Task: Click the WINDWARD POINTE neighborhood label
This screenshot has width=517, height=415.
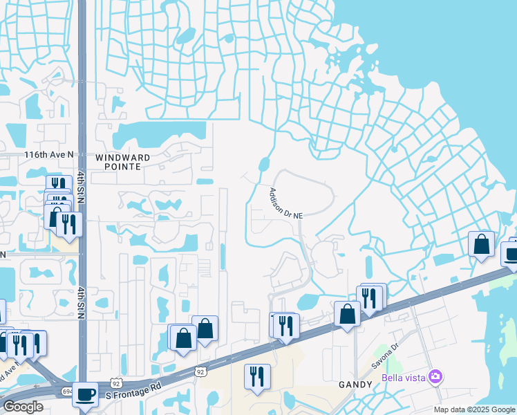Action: [122, 163]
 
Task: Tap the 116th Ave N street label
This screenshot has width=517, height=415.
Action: [48, 155]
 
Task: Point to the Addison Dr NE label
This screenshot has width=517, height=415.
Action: [286, 203]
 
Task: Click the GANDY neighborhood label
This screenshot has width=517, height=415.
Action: [356, 384]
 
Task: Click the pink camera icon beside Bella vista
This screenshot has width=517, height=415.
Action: [435, 377]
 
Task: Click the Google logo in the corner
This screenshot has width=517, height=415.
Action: [23, 407]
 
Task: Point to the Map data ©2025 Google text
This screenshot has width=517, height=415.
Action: [473, 409]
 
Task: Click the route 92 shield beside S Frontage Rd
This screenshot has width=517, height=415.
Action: [115, 382]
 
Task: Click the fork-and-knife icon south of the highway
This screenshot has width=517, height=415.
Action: [257, 376]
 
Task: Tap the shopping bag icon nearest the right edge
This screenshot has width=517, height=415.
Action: [481, 244]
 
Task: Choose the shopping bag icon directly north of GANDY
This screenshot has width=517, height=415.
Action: [347, 313]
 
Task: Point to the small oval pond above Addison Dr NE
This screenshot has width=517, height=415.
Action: [263, 165]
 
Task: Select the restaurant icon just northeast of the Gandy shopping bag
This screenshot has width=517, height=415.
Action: [370, 297]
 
